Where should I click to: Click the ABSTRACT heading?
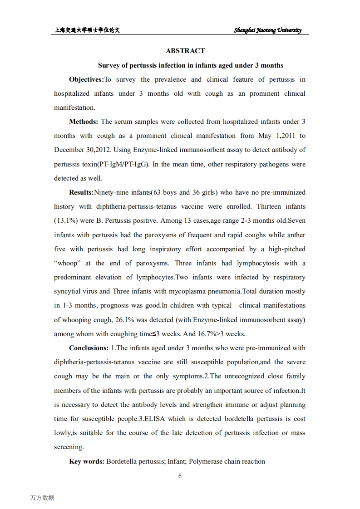coord(185,51)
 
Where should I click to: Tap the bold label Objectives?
coord(86,79)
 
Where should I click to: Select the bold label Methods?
coord(84,122)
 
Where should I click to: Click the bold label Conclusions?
coord(89,348)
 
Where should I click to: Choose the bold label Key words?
coord(87,461)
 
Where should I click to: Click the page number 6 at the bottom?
coord(180,476)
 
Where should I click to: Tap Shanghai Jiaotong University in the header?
coord(267,30)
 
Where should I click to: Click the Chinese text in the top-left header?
coord(87,30)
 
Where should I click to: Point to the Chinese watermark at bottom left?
coord(42,498)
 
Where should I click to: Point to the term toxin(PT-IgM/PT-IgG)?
coord(102,164)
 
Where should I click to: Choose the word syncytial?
coord(68,291)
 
